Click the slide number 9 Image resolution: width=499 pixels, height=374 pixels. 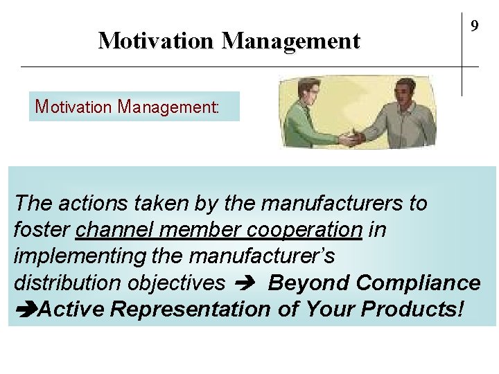[475, 26]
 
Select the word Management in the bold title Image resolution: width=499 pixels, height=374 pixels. [291, 41]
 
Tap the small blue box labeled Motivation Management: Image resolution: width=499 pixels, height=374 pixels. [134, 107]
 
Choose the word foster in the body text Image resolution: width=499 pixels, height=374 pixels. [42, 230]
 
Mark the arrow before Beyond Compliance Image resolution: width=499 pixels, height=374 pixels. [246, 283]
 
